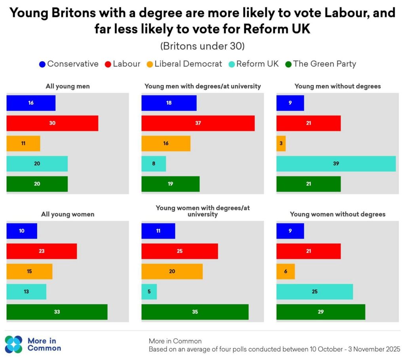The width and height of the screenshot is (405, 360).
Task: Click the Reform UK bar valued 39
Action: tap(336, 163)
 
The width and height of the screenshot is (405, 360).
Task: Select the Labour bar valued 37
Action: tap(198, 123)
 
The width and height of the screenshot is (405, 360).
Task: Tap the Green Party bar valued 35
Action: tap(195, 312)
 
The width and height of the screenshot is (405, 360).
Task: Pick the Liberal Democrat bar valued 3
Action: tap(281, 143)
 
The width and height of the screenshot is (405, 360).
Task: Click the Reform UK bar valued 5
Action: tap(149, 292)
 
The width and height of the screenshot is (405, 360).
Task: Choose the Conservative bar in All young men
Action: tap(31, 103)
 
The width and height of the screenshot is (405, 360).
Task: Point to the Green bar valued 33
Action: tap(57, 312)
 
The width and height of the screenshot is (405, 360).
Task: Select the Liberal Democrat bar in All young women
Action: tap(29, 271)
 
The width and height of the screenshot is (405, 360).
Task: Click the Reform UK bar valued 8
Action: tap(154, 163)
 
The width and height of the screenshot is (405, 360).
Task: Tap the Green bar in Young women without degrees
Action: tap(320, 312)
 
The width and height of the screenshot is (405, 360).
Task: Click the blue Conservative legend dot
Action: tap(42, 64)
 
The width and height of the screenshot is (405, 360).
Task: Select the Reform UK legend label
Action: tap(257, 64)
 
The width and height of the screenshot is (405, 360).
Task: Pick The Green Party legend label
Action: tap(325, 64)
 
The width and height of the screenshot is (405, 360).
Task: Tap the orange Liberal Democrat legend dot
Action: tap(150, 64)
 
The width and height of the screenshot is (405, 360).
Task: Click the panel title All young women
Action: tap(68, 214)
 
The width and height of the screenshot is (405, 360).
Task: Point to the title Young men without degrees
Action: tap(337, 86)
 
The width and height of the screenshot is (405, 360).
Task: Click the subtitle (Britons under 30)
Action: tap(202, 46)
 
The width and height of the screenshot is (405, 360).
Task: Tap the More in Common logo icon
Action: tap(14, 344)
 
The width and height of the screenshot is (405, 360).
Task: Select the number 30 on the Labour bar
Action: tap(52, 123)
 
